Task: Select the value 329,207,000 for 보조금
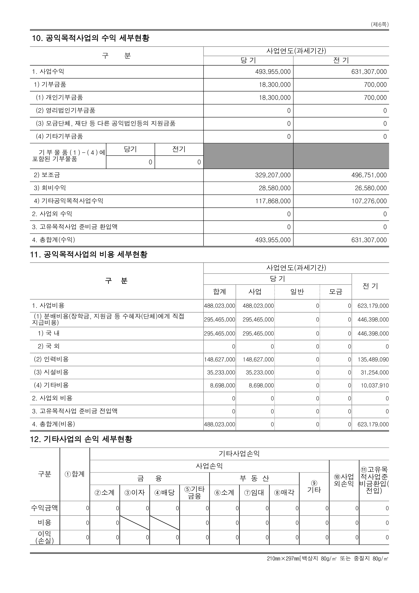click(273, 175)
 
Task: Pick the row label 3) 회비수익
click(50, 188)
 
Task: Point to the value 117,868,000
click(273, 201)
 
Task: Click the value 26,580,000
click(371, 188)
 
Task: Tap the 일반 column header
click(297, 292)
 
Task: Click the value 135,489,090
click(373, 360)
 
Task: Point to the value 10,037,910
click(375, 385)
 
